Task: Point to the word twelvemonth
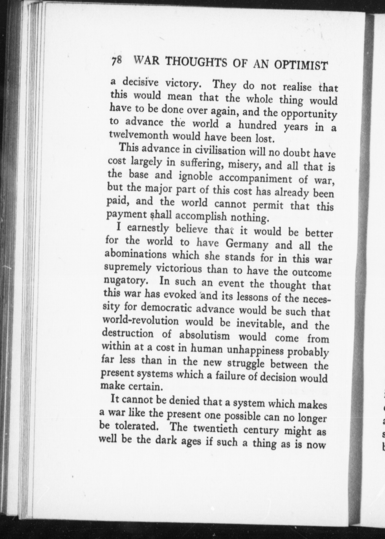point(139,135)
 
